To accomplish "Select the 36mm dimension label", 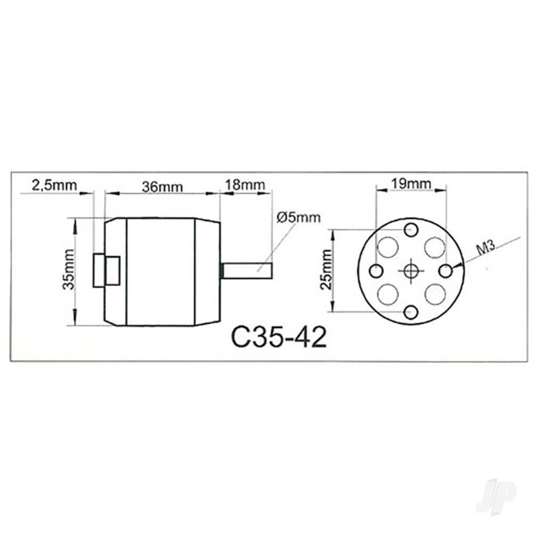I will pos(162,187).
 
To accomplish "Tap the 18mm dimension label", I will pos(246,185).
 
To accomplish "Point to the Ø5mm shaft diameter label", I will pos(299,217).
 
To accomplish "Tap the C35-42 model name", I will pos(279,337).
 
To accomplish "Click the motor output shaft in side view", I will pos(247,271).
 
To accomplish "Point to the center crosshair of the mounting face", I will pos(410,271).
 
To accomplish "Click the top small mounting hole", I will pos(410,230).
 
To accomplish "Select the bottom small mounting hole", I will pos(410,312).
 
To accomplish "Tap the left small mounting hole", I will pos(376,271).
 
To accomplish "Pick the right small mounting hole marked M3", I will pos(446,271).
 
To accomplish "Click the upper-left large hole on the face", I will pos(388,247).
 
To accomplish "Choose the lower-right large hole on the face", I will pos(434,294).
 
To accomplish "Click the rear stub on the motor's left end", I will pos(106,271).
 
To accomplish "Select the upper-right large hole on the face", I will pos(434,247).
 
